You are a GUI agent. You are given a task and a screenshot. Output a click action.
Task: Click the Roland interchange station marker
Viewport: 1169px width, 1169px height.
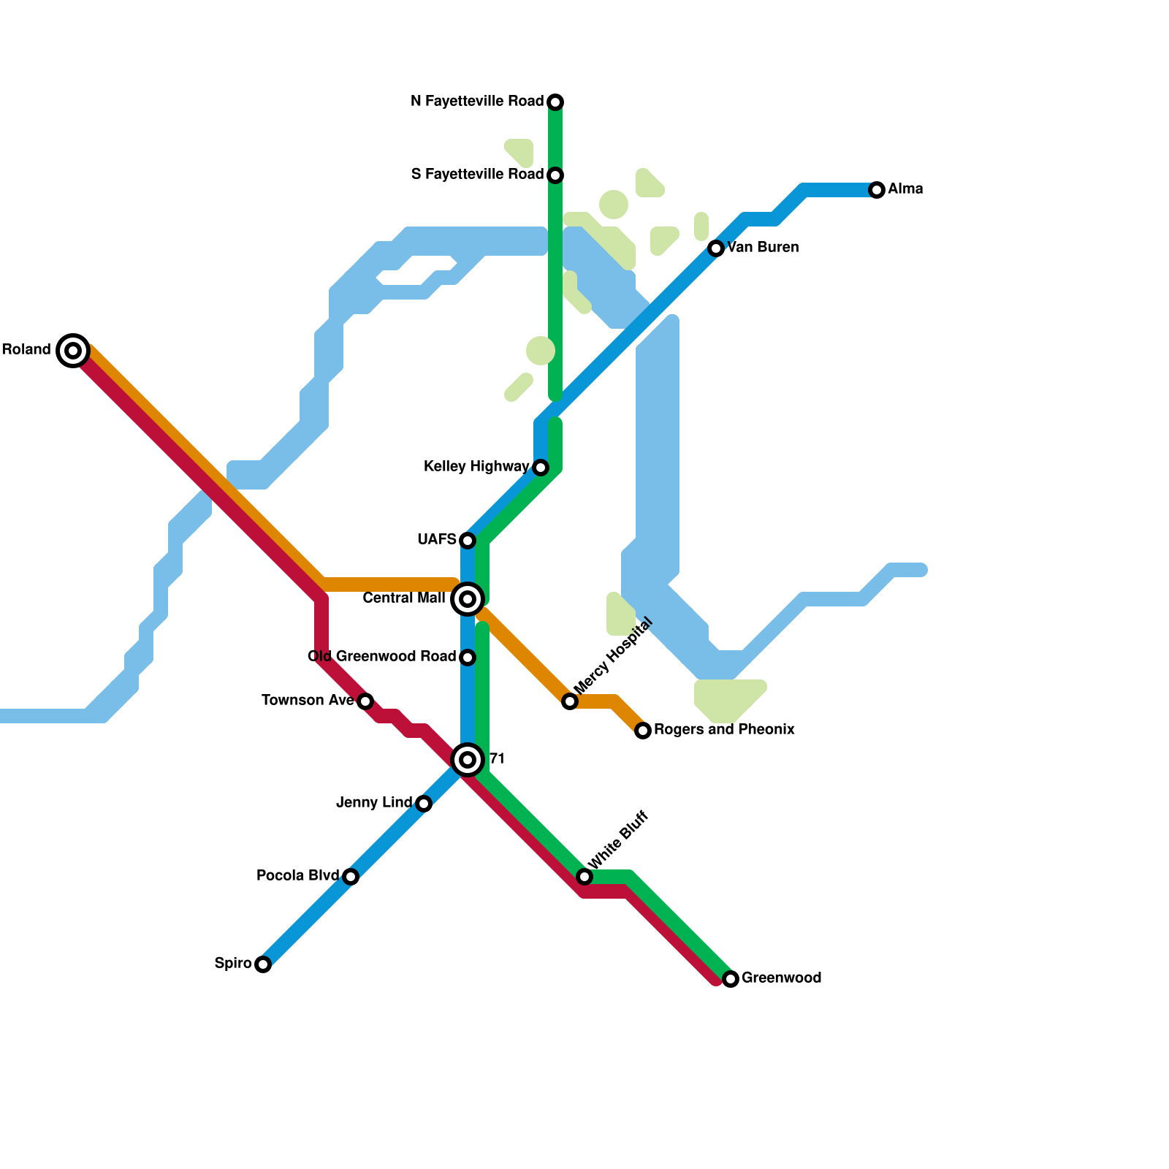73,351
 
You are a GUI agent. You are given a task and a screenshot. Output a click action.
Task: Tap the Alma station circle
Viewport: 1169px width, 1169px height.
877,190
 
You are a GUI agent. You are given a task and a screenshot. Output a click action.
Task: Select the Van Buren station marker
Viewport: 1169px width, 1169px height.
716,248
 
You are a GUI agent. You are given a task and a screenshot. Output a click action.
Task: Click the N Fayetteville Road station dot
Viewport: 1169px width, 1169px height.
555,102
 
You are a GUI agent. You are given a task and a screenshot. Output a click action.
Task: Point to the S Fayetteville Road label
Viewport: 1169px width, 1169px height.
477,175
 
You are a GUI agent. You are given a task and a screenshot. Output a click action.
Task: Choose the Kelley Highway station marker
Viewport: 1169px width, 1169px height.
541,468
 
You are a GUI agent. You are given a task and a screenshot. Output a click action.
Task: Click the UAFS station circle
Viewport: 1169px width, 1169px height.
468,541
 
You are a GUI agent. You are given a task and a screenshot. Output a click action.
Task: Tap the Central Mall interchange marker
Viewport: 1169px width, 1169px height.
468,599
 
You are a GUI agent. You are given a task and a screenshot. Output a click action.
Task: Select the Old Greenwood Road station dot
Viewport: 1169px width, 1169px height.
468,658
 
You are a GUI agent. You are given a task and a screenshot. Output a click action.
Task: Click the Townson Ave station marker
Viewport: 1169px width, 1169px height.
365,701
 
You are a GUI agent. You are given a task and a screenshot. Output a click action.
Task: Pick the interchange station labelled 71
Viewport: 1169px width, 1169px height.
468,760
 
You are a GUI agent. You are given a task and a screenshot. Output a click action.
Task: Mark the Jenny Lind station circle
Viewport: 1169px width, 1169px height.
424,804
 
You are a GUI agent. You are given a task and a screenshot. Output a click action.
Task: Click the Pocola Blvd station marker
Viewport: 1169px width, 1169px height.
351,877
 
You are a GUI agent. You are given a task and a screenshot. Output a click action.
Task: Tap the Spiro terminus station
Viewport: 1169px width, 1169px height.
263,964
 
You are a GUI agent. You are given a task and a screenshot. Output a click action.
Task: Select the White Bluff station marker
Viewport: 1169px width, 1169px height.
584,877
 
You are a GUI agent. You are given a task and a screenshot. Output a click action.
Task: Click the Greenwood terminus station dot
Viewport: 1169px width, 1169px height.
731,979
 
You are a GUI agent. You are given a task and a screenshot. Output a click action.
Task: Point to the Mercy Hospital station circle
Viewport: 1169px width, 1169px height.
570,701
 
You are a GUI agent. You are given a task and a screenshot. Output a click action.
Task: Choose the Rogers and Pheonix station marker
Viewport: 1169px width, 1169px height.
643,731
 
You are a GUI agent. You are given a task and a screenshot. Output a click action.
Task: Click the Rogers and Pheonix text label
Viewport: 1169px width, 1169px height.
724,730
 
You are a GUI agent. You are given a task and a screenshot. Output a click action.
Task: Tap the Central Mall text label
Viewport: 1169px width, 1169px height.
403,598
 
